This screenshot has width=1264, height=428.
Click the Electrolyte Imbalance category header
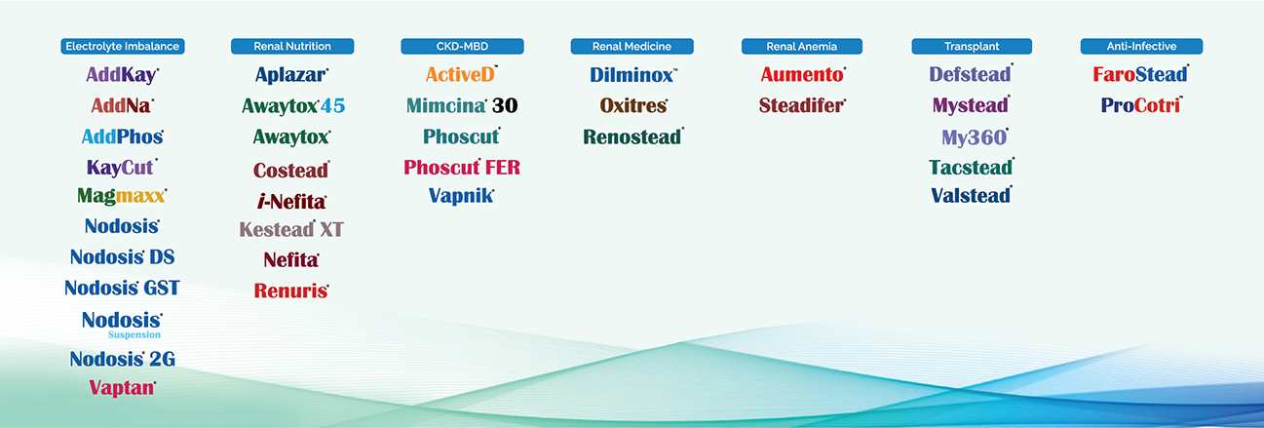(x=123, y=46)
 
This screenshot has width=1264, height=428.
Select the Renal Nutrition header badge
(x=292, y=46)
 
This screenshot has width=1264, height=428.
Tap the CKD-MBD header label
(x=462, y=46)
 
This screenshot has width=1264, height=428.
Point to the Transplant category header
(x=972, y=46)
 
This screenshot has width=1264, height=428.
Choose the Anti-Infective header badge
(x=1141, y=46)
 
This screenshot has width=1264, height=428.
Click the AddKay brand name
(x=122, y=75)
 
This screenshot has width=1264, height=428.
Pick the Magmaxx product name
(x=122, y=196)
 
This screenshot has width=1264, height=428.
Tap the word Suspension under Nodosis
(x=134, y=334)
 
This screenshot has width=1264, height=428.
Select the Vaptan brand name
(x=122, y=388)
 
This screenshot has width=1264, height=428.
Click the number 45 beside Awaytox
(x=333, y=105)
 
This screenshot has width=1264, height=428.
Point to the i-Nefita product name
(x=291, y=202)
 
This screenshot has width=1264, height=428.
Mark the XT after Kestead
(x=331, y=229)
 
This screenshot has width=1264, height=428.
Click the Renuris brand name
(x=291, y=291)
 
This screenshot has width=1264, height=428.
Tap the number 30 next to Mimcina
(x=505, y=105)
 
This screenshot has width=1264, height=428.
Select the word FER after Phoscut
(x=503, y=167)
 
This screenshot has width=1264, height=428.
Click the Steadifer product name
(x=802, y=105)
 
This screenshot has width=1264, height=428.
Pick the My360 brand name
(x=975, y=137)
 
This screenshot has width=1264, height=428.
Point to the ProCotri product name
(x=1141, y=105)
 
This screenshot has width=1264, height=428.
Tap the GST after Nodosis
(x=162, y=288)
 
